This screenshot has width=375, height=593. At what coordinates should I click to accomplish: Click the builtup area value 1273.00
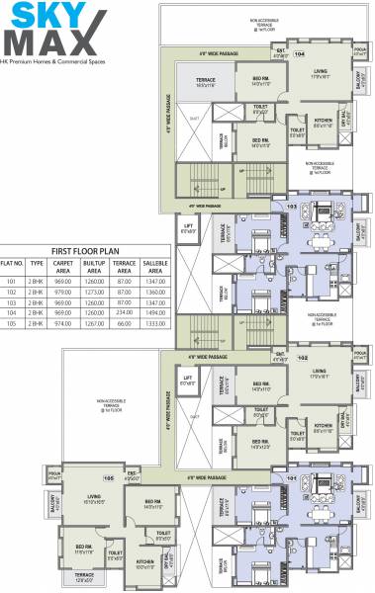[96, 292]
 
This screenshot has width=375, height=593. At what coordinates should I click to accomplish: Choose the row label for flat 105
[12, 322]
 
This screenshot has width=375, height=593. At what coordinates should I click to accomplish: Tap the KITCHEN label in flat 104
[323, 120]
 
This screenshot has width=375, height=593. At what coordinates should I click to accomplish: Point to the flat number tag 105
[109, 478]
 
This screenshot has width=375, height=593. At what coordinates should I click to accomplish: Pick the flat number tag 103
[291, 206]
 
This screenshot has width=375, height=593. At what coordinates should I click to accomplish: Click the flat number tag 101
[291, 480]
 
